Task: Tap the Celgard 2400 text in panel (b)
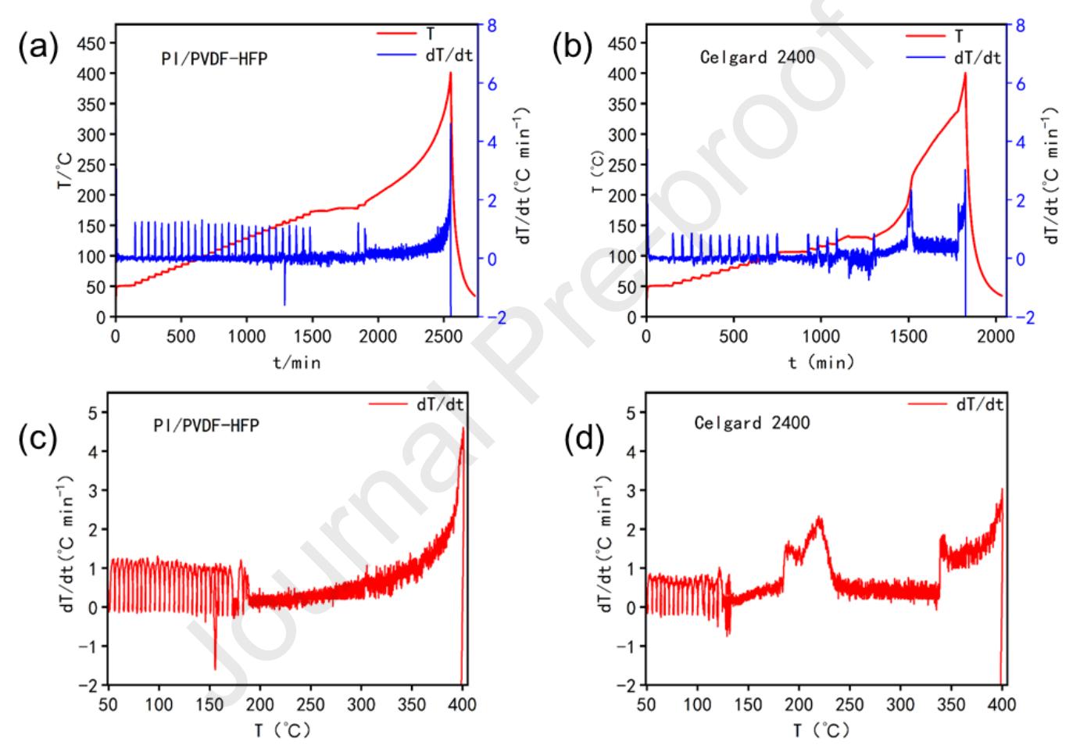point(756,57)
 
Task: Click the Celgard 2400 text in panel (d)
point(752,424)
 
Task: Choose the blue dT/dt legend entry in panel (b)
point(953,58)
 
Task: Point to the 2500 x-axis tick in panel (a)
point(444,336)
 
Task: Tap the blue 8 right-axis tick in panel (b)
point(1019,26)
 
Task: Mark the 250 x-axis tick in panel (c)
point(311,704)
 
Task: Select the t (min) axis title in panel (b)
point(821,361)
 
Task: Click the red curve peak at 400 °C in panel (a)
point(451,73)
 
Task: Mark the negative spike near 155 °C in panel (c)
point(215,668)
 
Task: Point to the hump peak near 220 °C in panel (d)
point(818,517)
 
